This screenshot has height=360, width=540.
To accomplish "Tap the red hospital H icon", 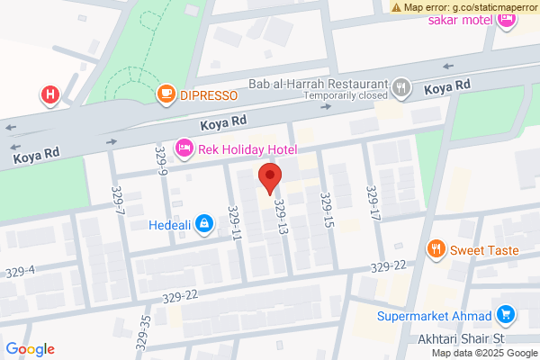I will click(x=50, y=94).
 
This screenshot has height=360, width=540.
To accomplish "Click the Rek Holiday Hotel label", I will click(x=248, y=148).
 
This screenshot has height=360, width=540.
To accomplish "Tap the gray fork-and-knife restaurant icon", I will click(x=401, y=88).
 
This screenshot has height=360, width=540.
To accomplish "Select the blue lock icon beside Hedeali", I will click(x=205, y=222).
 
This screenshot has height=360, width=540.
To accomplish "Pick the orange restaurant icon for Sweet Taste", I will click(x=436, y=249).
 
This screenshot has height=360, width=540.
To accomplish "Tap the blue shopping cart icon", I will click(x=506, y=315).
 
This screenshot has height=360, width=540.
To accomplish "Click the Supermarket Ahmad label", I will click(x=434, y=316).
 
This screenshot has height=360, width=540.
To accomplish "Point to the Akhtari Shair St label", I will click(x=451, y=339).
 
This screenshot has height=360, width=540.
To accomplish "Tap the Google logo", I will click(x=31, y=349).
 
